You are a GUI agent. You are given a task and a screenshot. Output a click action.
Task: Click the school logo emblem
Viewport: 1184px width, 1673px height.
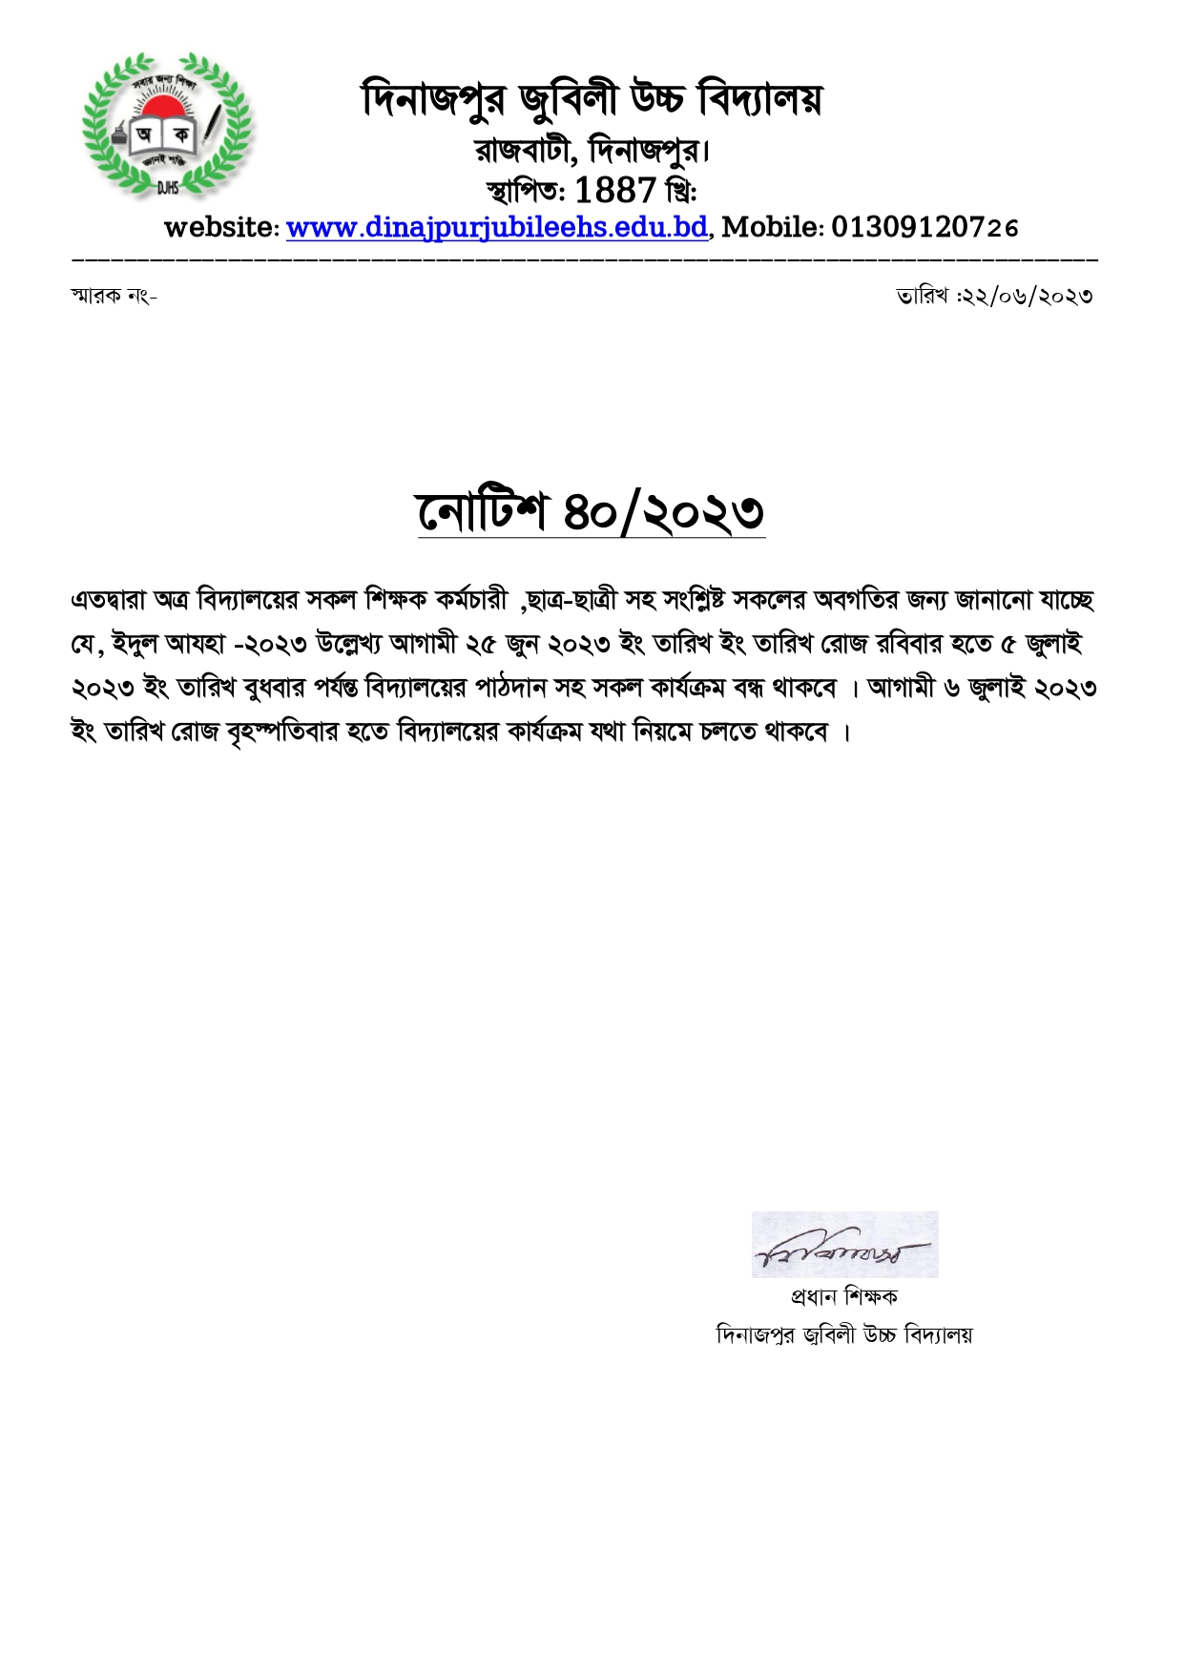[x=168, y=126]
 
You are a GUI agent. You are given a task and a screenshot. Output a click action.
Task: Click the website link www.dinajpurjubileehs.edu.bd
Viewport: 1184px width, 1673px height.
[x=497, y=228]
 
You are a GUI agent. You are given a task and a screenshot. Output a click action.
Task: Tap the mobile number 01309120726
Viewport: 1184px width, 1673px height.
[x=924, y=227]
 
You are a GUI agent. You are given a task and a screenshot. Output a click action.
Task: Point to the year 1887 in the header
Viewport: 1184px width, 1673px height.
[x=615, y=190]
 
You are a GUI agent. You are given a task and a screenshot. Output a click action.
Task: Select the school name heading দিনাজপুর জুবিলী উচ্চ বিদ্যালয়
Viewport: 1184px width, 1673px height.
[x=592, y=100]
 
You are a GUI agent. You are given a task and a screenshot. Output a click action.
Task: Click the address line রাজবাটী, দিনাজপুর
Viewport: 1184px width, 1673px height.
[x=592, y=150]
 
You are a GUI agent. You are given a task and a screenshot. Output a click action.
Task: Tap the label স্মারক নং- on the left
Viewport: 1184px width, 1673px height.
[x=114, y=296]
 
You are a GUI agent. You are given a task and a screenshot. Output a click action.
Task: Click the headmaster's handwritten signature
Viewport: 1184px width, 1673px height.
[x=843, y=1246]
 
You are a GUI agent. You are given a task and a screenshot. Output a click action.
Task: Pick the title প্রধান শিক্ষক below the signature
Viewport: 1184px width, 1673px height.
[x=843, y=1297]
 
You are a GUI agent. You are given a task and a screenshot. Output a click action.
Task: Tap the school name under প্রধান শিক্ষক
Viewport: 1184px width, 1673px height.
[x=843, y=1334]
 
